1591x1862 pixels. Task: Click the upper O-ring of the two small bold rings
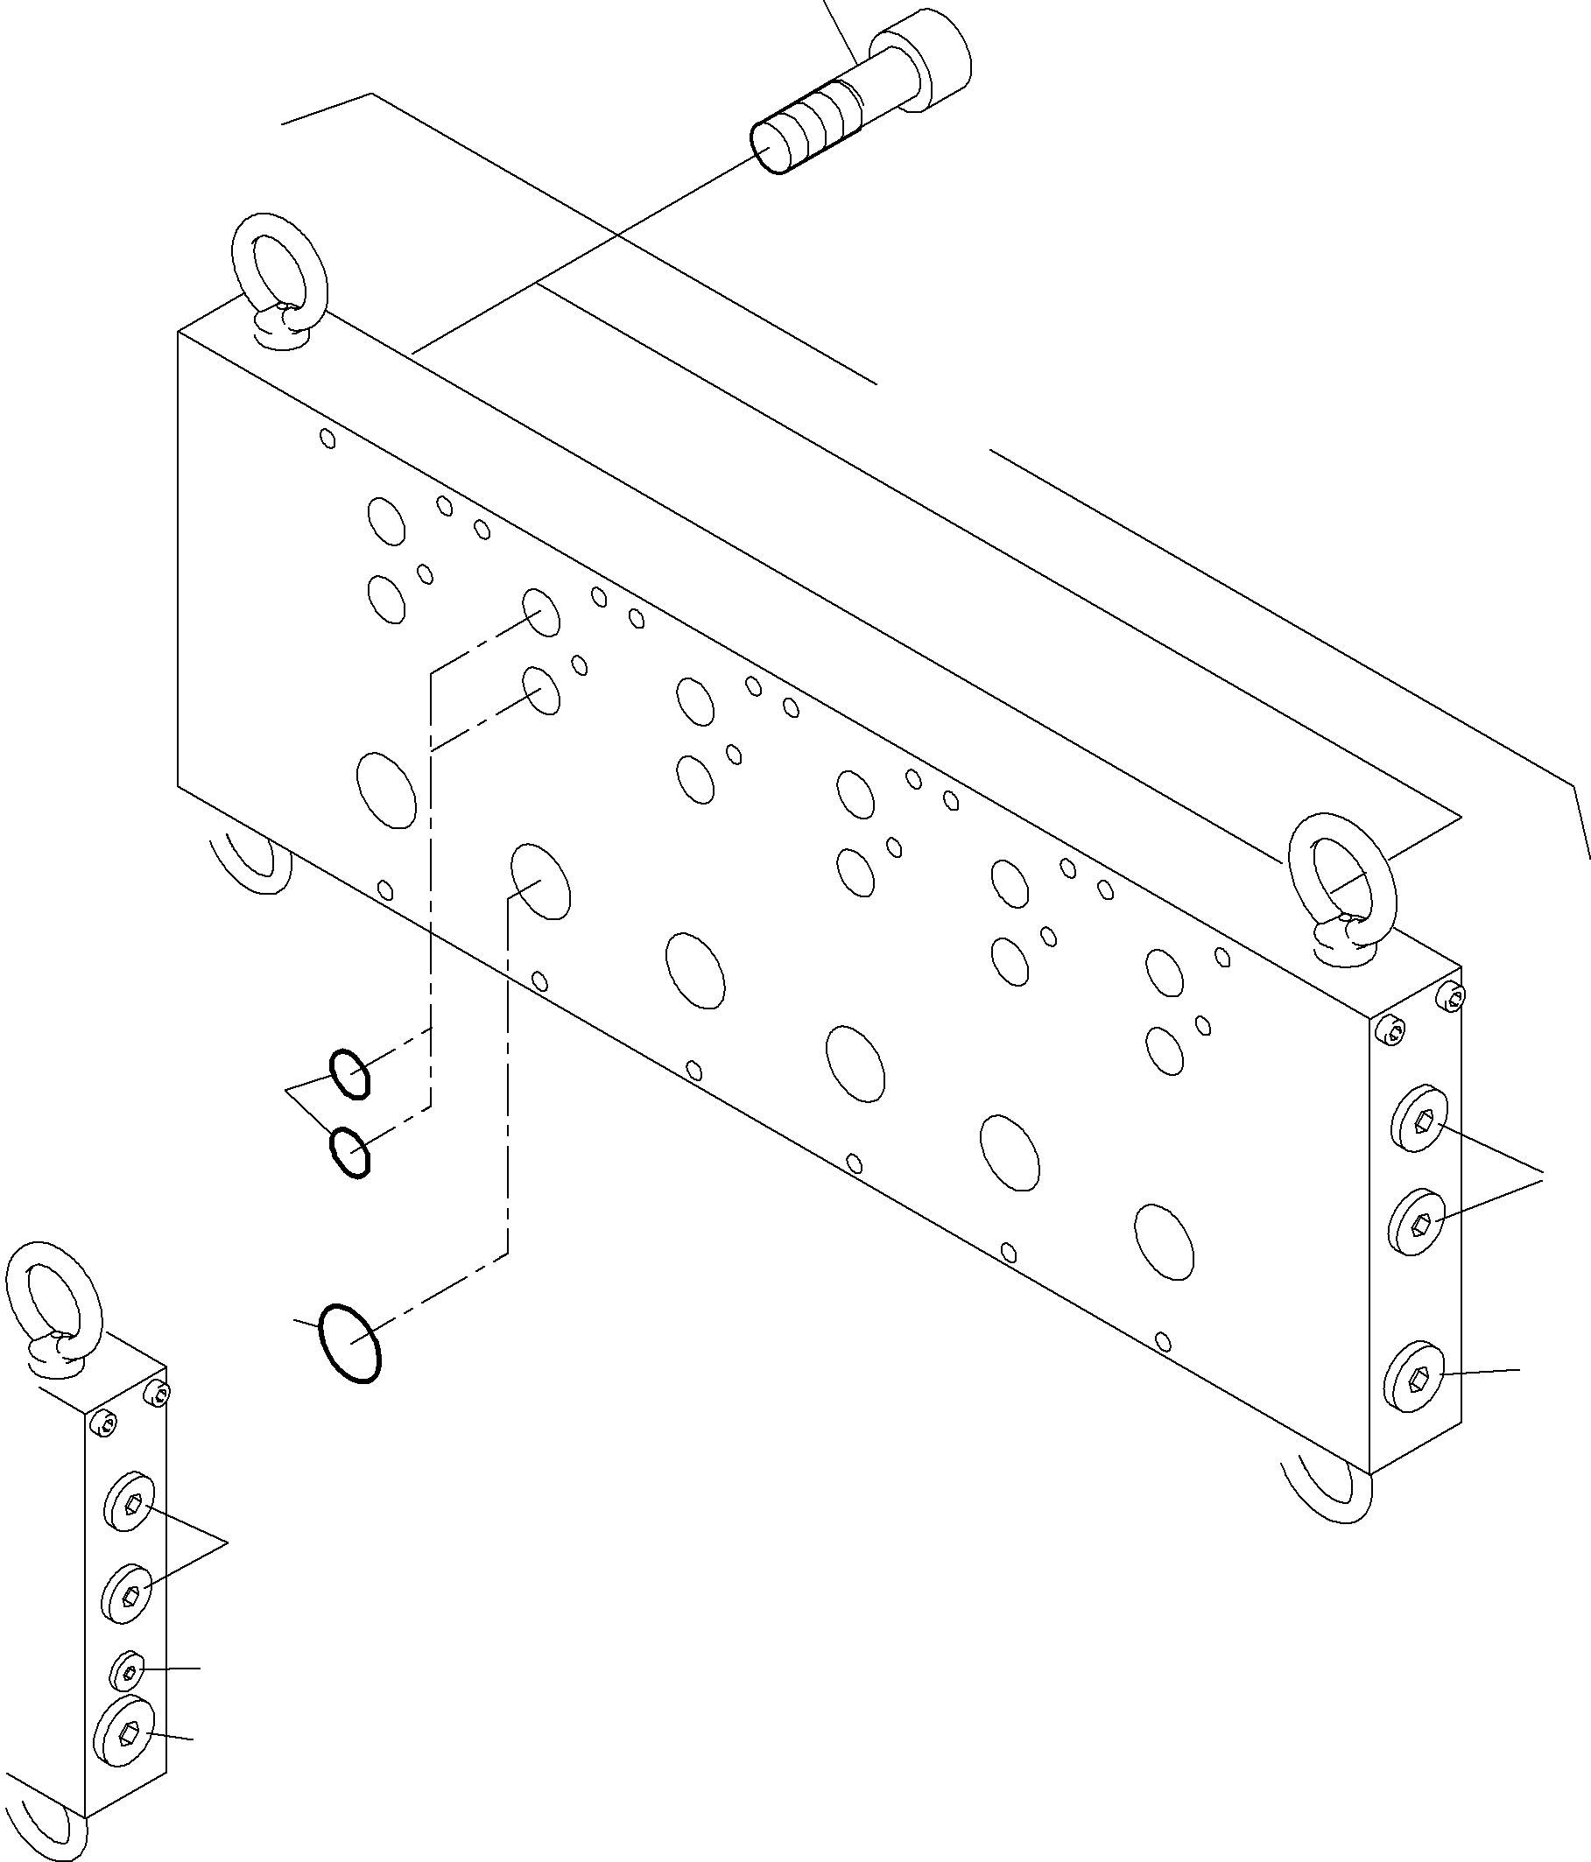pos(348,1073)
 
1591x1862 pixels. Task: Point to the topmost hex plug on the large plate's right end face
pos(1419,1119)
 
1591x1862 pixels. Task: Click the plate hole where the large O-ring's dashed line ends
pos(540,881)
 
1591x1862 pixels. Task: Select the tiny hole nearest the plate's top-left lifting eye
pos(328,439)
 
